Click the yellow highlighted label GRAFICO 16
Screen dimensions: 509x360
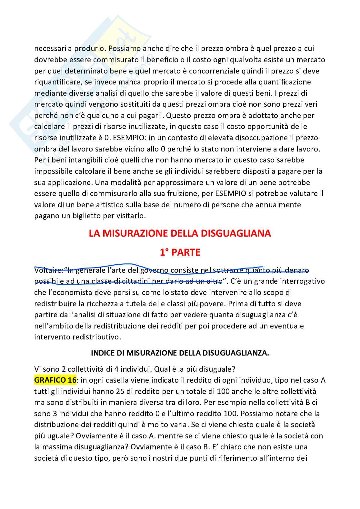(x=55, y=380)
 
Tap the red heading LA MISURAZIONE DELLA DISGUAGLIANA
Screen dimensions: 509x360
(x=180, y=233)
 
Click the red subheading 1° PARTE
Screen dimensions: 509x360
(x=180, y=252)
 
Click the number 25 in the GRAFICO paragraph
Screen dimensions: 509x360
(x=120, y=391)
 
